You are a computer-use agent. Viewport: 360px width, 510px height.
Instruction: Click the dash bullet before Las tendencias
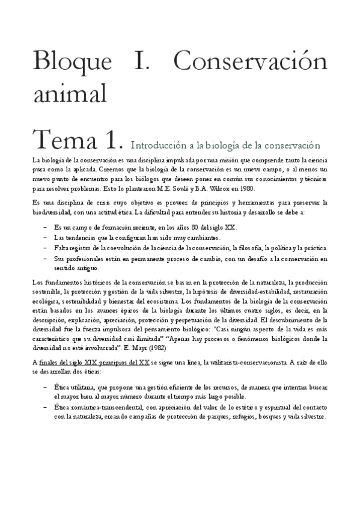[47, 238]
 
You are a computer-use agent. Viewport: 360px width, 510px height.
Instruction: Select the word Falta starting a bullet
[63, 248]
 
